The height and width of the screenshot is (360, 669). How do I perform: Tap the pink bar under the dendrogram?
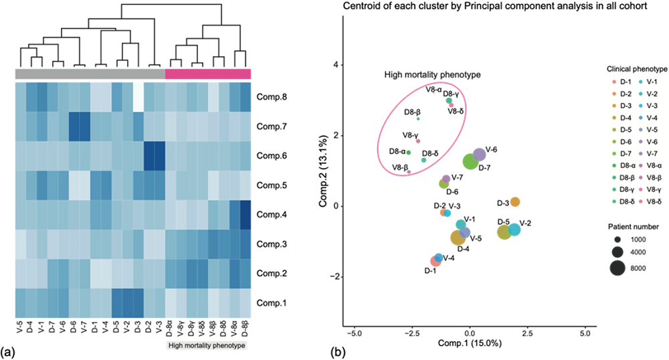208,74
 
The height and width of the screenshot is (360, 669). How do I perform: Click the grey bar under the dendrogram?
90,74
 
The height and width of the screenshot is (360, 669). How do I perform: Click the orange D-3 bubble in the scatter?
515,202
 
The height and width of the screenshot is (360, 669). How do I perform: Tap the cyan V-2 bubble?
514,230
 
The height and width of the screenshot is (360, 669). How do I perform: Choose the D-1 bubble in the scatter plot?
436,261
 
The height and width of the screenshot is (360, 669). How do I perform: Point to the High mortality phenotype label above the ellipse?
433,74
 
